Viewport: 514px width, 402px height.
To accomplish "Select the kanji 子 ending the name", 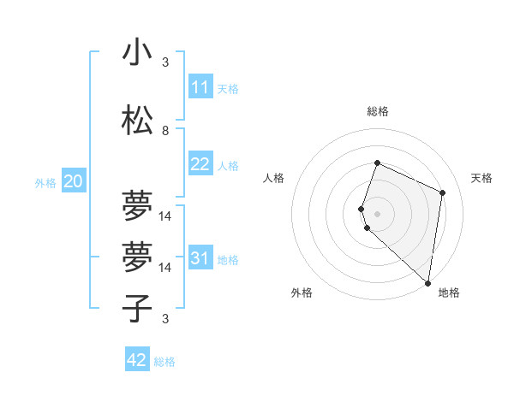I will (x=137, y=308).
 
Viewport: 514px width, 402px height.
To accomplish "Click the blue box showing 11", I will (x=200, y=87).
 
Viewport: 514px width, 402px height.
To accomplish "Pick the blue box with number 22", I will (x=200, y=164).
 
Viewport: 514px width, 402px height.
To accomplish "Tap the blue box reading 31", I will (x=200, y=258).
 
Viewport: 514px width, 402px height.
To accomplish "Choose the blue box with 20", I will (x=74, y=181).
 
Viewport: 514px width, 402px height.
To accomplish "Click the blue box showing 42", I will (x=137, y=360).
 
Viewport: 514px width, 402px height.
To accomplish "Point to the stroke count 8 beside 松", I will (x=165, y=130).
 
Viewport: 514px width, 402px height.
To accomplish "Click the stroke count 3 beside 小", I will (x=165, y=62).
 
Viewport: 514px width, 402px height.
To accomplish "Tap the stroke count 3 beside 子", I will (x=165, y=319).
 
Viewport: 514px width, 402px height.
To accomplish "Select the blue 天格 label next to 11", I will (x=228, y=89).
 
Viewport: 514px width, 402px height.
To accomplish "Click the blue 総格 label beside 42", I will (x=164, y=362).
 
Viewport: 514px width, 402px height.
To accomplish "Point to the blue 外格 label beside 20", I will (x=45, y=182).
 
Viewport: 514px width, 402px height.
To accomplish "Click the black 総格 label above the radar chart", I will (x=378, y=111).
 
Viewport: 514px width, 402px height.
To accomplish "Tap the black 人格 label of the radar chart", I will (x=274, y=178).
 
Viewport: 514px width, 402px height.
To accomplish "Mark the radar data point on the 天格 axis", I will (x=443, y=192).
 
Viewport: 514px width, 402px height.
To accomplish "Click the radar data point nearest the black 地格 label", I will (x=428, y=283).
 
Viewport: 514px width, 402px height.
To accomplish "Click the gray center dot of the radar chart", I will (x=378, y=214).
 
